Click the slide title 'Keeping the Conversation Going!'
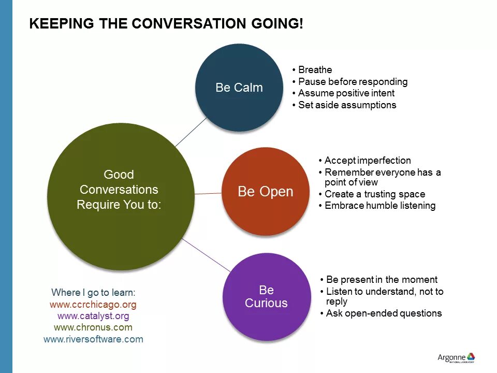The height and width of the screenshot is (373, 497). [x=166, y=24]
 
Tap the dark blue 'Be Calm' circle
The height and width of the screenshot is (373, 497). [x=239, y=88]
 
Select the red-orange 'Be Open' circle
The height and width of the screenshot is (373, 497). [x=265, y=192]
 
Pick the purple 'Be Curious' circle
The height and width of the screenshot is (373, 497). [x=266, y=296]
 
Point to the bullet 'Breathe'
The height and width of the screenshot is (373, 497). [x=315, y=70]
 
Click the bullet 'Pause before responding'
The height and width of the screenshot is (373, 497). [x=353, y=82]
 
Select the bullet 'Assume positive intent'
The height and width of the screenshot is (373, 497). [x=346, y=93]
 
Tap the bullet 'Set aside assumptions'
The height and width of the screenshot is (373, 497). [x=347, y=105]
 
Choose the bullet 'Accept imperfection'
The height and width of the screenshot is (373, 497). [x=368, y=161]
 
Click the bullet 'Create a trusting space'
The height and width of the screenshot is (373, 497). [x=375, y=194]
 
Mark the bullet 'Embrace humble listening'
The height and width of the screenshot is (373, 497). [x=380, y=206]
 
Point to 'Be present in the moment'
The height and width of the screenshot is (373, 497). [x=382, y=280]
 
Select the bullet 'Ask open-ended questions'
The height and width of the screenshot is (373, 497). [x=384, y=313]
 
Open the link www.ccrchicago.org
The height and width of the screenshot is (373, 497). [x=93, y=304]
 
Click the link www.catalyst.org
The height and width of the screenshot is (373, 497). [x=93, y=315]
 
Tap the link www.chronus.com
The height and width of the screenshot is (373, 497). [x=93, y=327]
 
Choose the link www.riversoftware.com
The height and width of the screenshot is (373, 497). [x=93, y=339]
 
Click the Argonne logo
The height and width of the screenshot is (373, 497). [x=456, y=358]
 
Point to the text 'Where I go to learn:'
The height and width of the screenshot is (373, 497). [x=93, y=292]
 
